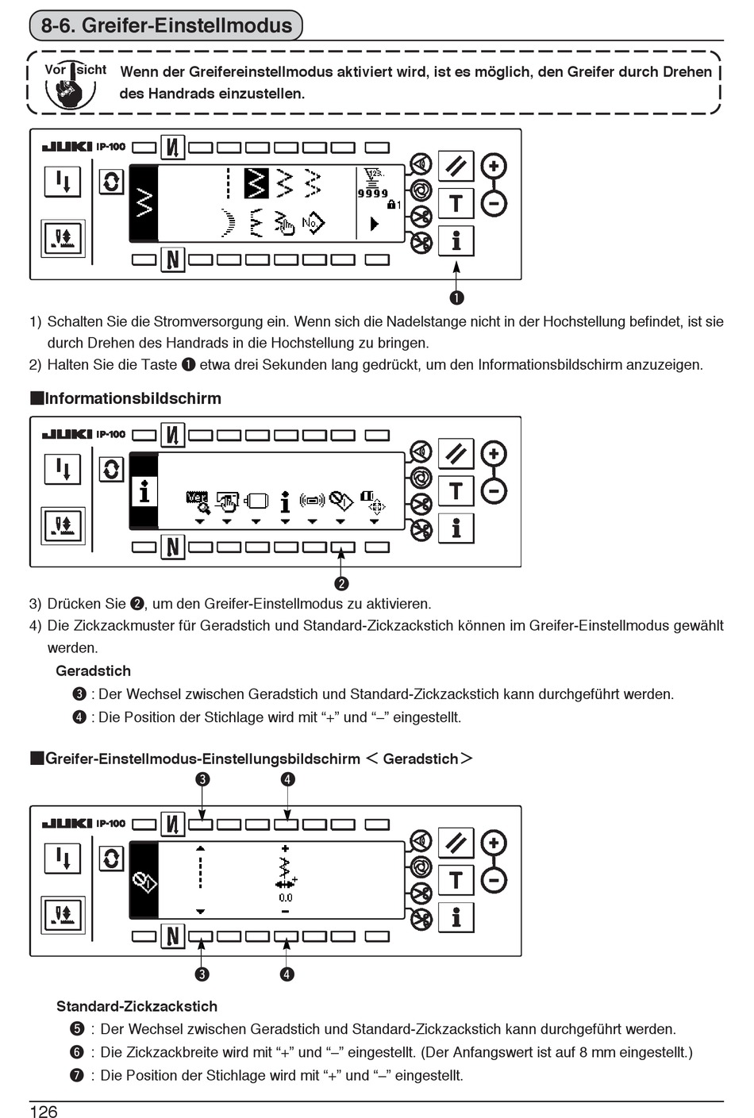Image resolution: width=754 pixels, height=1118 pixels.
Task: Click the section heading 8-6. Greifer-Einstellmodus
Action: (x=167, y=25)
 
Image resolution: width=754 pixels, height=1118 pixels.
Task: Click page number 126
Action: (x=44, y=1111)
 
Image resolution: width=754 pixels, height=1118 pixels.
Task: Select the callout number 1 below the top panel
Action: (x=456, y=298)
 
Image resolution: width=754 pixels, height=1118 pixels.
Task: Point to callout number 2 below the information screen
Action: (x=341, y=583)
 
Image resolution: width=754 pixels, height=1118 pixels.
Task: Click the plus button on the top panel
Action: (x=494, y=167)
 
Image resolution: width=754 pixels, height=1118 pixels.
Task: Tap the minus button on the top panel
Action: (x=494, y=204)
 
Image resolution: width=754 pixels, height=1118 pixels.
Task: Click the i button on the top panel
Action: (x=456, y=240)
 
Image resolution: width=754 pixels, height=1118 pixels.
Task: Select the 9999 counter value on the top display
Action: (x=372, y=193)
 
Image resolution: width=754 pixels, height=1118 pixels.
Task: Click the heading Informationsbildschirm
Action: (x=133, y=398)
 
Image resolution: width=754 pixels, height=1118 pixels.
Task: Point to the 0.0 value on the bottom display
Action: (x=285, y=897)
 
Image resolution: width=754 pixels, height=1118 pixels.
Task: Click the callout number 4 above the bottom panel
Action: (x=287, y=779)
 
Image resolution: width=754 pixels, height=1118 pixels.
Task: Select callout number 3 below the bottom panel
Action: (x=202, y=974)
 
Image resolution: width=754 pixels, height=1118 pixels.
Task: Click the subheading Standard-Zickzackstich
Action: (x=137, y=1006)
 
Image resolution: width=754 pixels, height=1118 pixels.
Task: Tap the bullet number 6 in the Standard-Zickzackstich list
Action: (x=77, y=1052)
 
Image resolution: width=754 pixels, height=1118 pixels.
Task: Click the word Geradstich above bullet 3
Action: (x=93, y=670)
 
